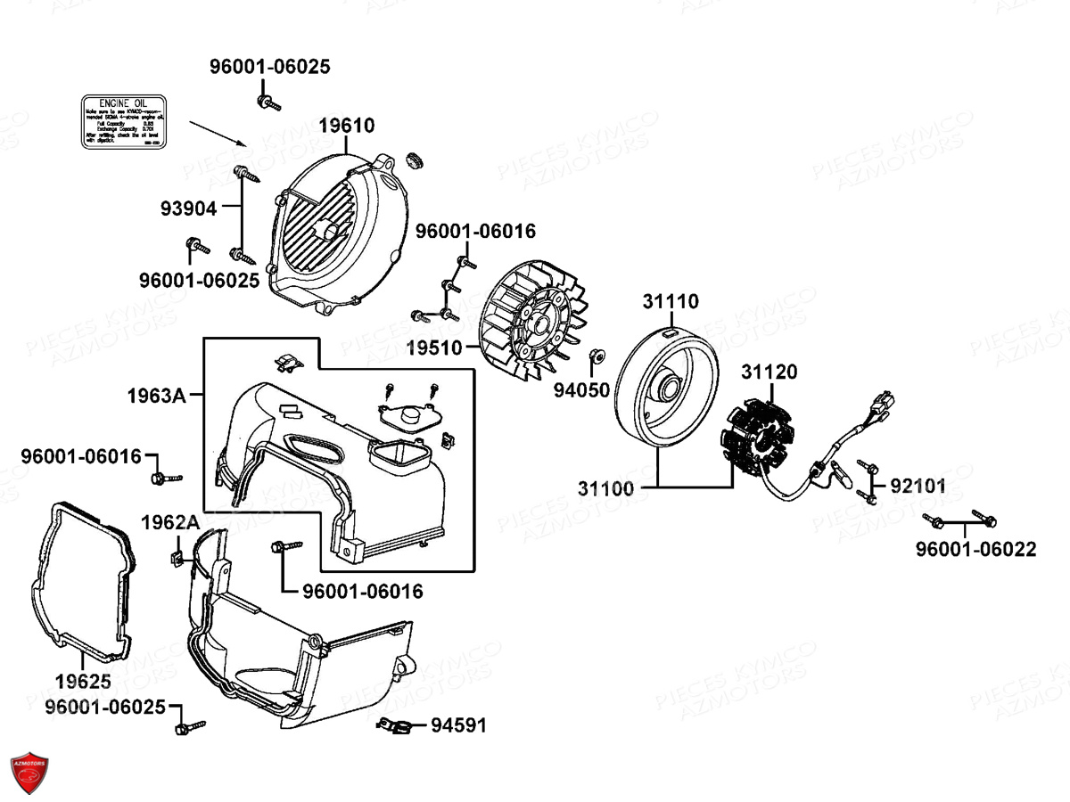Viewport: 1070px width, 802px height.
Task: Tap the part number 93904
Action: (x=188, y=209)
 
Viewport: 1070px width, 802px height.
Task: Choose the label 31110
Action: (x=671, y=302)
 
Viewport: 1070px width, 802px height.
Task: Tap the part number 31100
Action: (x=605, y=488)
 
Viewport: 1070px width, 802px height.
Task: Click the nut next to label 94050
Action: (x=598, y=358)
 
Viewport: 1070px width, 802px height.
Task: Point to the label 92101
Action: (x=918, y=486)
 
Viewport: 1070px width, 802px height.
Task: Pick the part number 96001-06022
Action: (x=975, y=550)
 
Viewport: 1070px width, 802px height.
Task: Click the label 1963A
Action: (x=156, y=396)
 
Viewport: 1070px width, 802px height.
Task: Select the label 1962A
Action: (x=170, y=522)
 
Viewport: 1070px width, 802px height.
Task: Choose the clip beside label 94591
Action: (x=394, y=726)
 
